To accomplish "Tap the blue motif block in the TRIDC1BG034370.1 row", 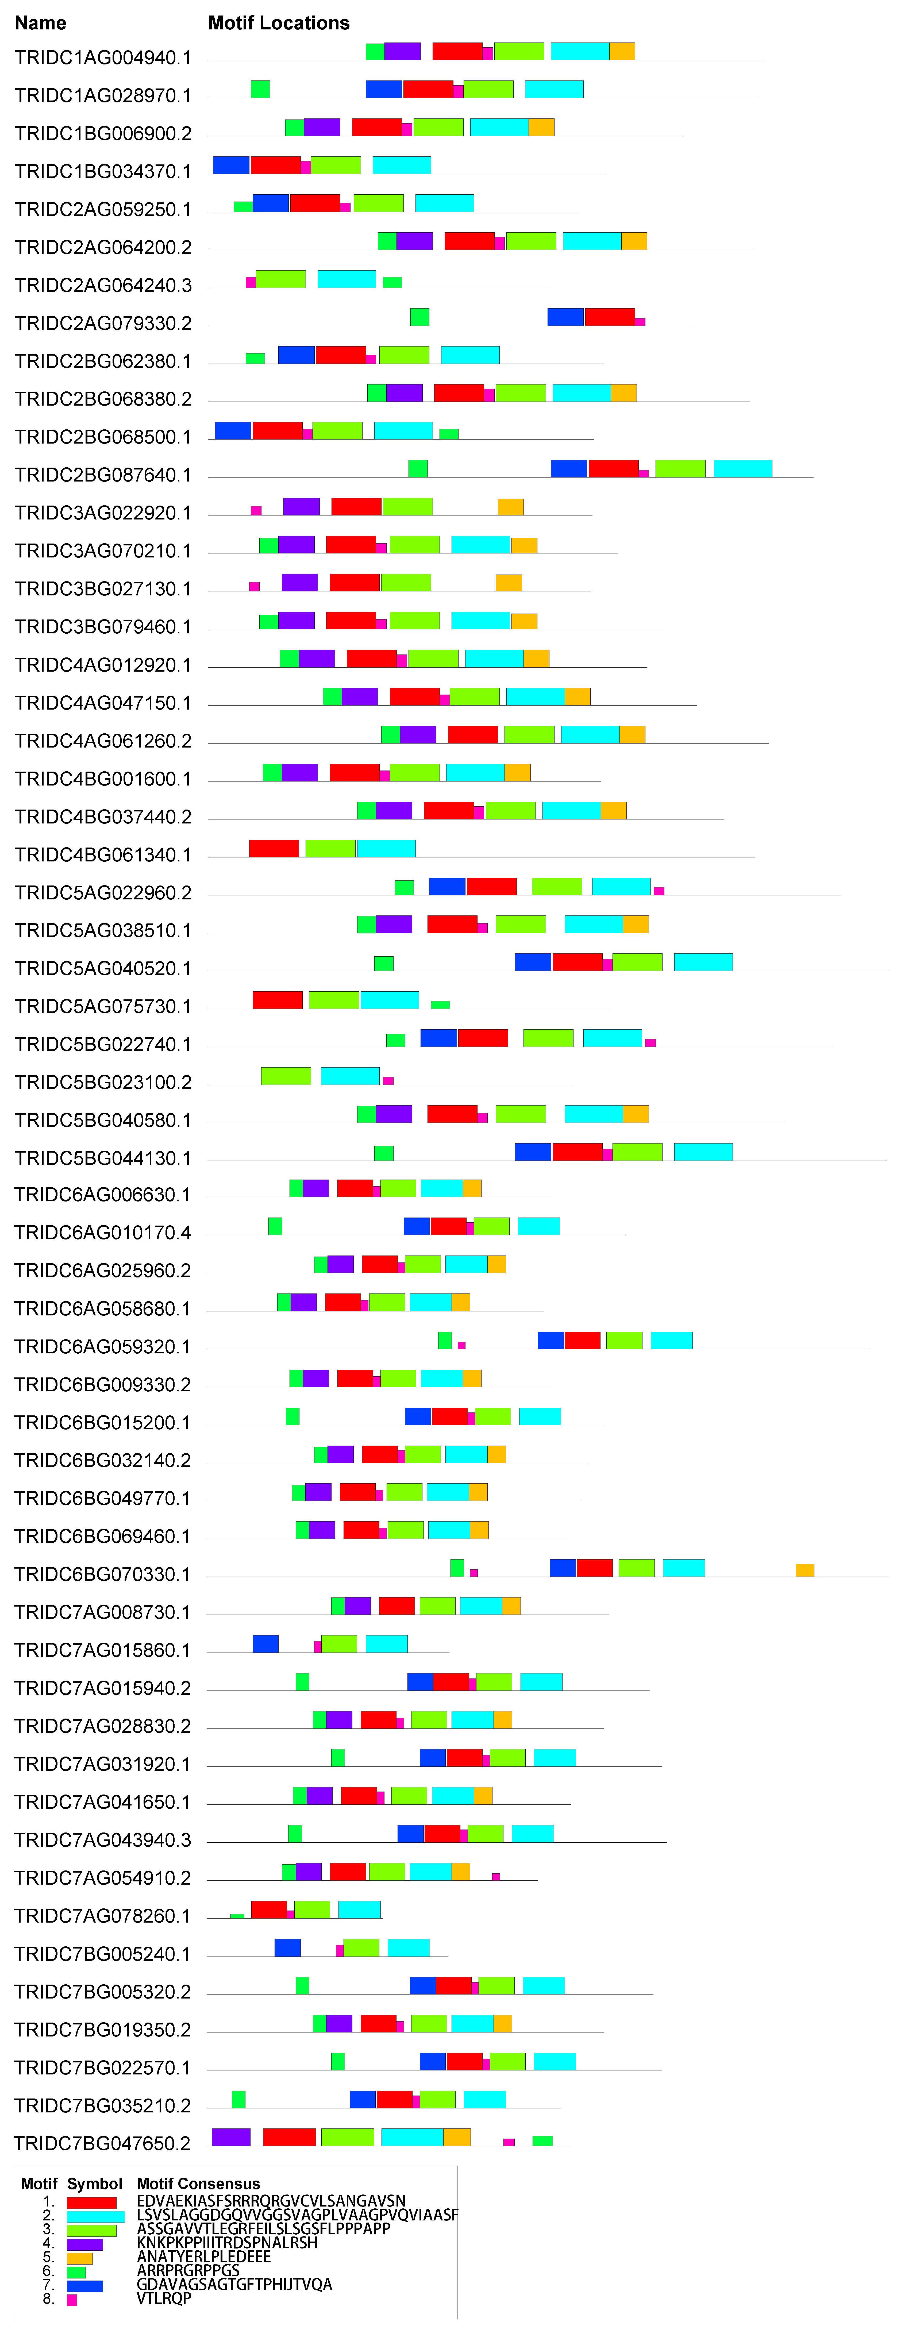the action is point(231,164).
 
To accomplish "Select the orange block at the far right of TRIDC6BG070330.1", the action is point(804,1569).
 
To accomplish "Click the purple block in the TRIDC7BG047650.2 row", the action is point(231,2136).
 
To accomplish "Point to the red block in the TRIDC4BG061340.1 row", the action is point(274,848).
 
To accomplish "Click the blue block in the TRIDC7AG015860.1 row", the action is point(265,1643).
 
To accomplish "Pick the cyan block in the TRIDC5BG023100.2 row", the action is point(350,1075).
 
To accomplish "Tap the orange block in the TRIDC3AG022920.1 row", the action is point(510,506).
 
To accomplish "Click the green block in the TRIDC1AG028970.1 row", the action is point(260,88).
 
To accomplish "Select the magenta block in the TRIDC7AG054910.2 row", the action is point(495,1877).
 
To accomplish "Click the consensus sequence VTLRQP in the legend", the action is point(164,2298).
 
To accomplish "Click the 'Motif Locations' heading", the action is point(279,23).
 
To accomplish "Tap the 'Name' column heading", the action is point(40,23).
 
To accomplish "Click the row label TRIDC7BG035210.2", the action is point(103,2106).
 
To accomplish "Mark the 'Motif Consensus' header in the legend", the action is point(198,2184).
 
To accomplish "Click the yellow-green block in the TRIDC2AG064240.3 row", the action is point(281,278).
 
